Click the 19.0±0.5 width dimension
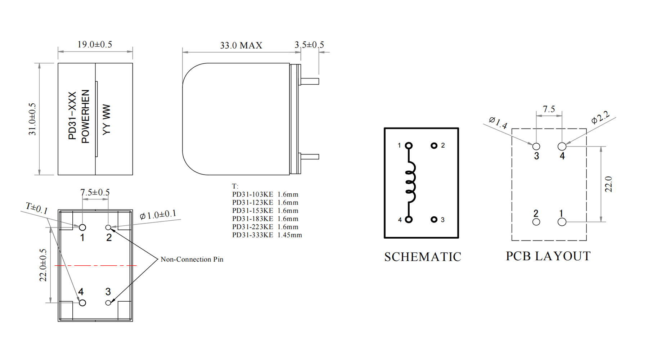pyautogui.click(x=95, y=44)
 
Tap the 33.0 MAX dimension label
pyautogui.click(x=241, y=45)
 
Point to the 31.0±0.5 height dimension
pyautogui.click(x=32, y=119)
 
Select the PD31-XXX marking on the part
pyautogui.click(x=72, y=116)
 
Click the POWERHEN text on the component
pyautogui.click(x=85, y=116)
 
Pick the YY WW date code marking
pyautogui.click(x=107, y=120)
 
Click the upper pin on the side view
pyautogui.click(x=309, y=82)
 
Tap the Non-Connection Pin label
pyautogui.click(x=192, y=259)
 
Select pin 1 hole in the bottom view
pyautogui.click(x=82, y=228)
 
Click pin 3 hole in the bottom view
pyautogui.click(x=108, y=303)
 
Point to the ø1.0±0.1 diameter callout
pyautogui.click(x=158, y=215)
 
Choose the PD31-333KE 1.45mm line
pyautogui.click(x=267, y=235)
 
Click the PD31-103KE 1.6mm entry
pyautogui.click(x=265, y=194)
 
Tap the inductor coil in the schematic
pyautogui.click(x=410, y=182)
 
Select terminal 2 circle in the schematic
pyautogui.click(x=434, y=145)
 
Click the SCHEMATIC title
pyautogui.click(x=423, y=257)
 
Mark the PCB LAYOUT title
pyautogui.click(x=548, y=256)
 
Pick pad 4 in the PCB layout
pyautogui.click(x=562, y=147)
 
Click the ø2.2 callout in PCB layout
pyautogui.click(x=600, y=117)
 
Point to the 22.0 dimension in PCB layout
pyautogui.click(x=608, y=184)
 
